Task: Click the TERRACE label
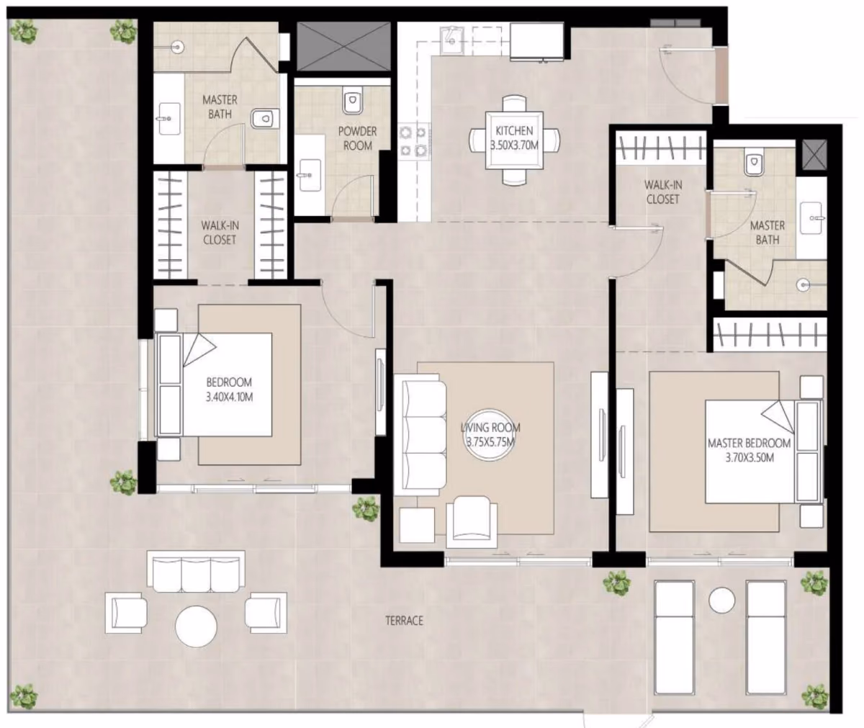tap(404, 621)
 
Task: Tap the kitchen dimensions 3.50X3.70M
tap(514, 145)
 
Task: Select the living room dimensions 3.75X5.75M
tap(490, 442)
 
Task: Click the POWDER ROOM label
tap(358, 138)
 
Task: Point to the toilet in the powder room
tap(352, 101)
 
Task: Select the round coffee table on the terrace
tap(196, 626)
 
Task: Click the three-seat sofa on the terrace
tap(196, 572)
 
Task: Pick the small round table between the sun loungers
tap(721, 600)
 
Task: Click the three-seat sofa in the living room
tap(420, 434)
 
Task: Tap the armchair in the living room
tap(472, 522)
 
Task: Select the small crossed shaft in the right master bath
tap(814, 155)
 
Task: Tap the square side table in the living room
tap(417, 525)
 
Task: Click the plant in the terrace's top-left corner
tap(24, 32)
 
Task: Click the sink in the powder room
tap(310, 175)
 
